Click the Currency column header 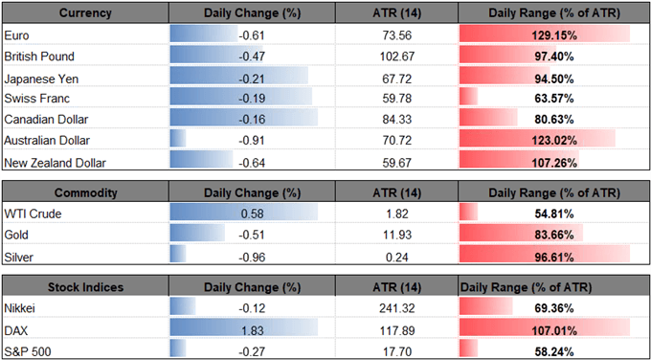click(85, 13)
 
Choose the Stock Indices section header click(85, 288)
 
